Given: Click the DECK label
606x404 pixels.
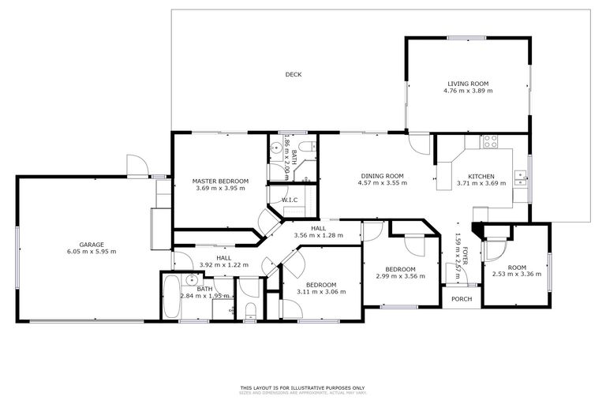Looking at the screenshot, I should [x=294, y=75].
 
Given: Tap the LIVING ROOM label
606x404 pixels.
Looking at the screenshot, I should [x=468, y=84].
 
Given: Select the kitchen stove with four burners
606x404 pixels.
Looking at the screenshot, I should [x=490, y=142].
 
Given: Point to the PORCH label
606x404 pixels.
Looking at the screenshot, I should [x=460, y=298].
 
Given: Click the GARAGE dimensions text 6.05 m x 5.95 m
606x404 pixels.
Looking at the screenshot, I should [x=92, y=252].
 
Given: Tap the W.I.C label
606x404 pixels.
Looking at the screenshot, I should [x=290, y=200].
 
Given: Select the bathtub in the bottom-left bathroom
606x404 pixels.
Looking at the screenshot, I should [x=171, y=297].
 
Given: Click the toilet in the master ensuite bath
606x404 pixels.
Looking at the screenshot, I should [x=311, y=146].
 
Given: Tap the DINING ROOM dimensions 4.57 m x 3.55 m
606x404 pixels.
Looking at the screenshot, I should [x=383, y=183].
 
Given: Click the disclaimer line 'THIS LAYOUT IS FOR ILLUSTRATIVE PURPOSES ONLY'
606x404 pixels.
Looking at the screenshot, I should [x=303, y=387].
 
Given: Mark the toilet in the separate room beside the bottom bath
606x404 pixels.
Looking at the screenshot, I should [x=249, y=309].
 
